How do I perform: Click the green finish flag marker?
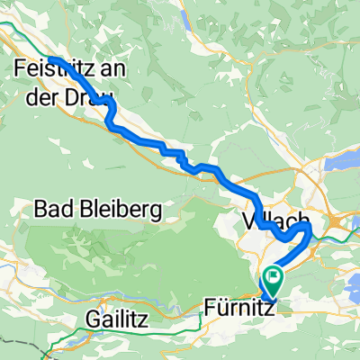coord(272,277)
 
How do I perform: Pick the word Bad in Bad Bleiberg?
coord(51,211)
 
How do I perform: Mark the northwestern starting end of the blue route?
coord(51,59)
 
